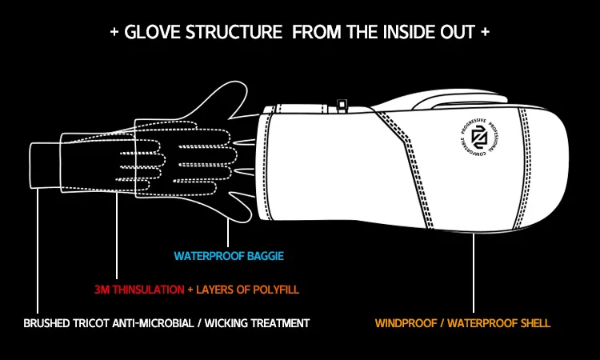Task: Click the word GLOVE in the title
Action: [148, 34]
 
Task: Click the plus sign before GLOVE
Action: [114, 34]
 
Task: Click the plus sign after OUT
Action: [486, 34]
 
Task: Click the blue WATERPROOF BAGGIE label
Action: [230, 257]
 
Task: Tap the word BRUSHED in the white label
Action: [50, 324]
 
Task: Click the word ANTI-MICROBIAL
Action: [158, 324]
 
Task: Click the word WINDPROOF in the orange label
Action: [407, 324]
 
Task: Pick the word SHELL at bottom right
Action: [533, 324]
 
